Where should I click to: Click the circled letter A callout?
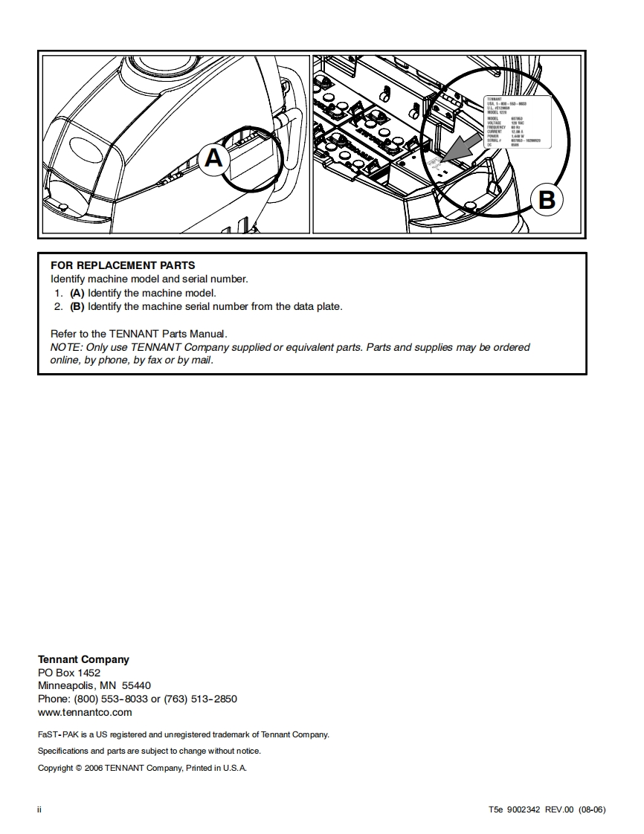213,158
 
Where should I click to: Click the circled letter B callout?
546,199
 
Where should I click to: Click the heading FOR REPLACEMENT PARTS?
123,265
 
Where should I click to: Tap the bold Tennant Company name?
83,659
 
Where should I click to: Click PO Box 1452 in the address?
68,673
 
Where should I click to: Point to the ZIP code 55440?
136,685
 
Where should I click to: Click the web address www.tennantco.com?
85,712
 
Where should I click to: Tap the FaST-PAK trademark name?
59,734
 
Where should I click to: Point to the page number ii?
39,809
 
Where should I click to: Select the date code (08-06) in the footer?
592,809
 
